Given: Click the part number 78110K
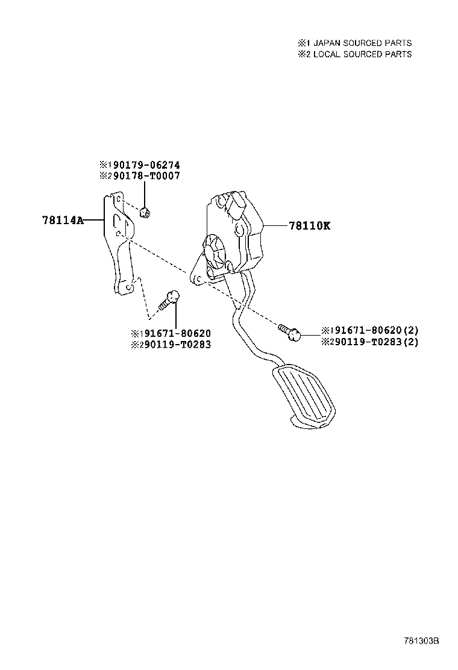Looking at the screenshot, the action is tap(309, 225).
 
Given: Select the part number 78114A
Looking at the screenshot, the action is tap(63, 220).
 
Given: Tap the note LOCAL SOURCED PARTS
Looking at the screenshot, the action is tap(362, 54).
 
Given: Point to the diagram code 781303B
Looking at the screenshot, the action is tap(422, 641).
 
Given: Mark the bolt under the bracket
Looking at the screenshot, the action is tap(169, 300).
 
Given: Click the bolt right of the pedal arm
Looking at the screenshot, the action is tap(289, 332).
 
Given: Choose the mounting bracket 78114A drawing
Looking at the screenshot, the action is tap(119, 243).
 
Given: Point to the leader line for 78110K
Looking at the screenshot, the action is tap(275, 225).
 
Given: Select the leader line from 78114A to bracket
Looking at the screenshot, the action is tap(93, 220).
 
